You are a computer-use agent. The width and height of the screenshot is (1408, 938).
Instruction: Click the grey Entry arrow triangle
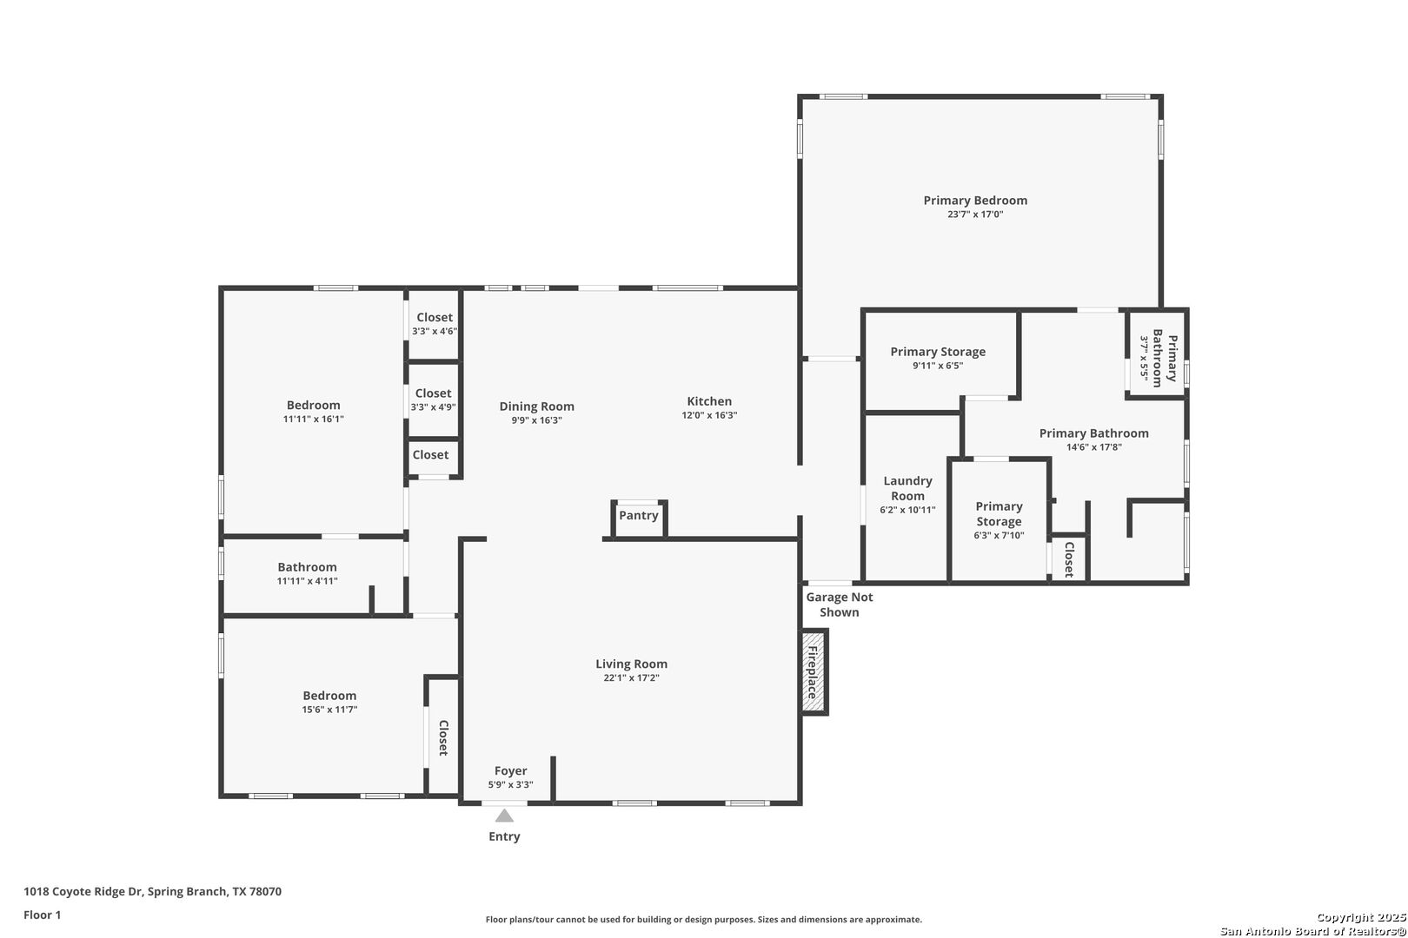pos(504,816)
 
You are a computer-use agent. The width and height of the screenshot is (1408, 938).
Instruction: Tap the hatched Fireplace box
pos(814,671)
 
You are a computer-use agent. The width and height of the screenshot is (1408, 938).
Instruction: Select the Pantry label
pos(639,515)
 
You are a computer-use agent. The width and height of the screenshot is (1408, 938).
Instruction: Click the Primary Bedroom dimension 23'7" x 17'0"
pos(975,215)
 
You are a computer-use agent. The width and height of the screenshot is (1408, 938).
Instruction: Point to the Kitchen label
pos(709,401)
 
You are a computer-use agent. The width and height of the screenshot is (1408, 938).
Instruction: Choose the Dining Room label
pos(537,406)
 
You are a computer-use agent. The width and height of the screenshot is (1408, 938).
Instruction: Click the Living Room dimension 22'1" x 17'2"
pos(631,678)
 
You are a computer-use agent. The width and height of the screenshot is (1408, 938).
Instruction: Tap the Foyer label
pos(510,771)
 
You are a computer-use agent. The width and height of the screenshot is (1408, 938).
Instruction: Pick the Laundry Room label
pos(907,488)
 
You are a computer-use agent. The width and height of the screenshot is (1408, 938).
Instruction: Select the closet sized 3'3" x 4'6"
pos(435,324)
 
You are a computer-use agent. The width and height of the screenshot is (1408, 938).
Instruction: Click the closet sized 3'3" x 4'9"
pos(433,400)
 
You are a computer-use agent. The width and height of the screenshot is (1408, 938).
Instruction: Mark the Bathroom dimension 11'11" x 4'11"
pos(308,581)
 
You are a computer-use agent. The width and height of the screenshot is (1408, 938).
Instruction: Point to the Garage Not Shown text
pos(839,604)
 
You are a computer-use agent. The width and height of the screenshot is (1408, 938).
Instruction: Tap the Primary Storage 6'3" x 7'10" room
pos(999,521)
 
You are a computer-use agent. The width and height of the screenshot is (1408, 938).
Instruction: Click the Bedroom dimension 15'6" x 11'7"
pos(329,710)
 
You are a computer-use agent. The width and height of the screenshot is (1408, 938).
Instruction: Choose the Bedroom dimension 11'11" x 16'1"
pos(313,419)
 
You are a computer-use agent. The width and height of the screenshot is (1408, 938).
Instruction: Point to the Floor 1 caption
pos(42,915)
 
